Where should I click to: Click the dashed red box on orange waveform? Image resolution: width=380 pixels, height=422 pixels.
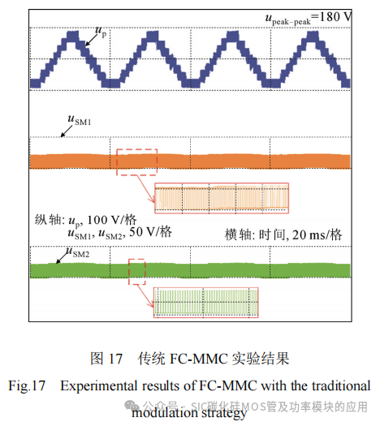click(x=136, y=161)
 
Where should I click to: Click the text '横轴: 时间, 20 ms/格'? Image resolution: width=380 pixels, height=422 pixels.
click(x=283, y=234)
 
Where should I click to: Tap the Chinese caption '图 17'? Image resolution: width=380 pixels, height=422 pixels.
click(x=106, y=357)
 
